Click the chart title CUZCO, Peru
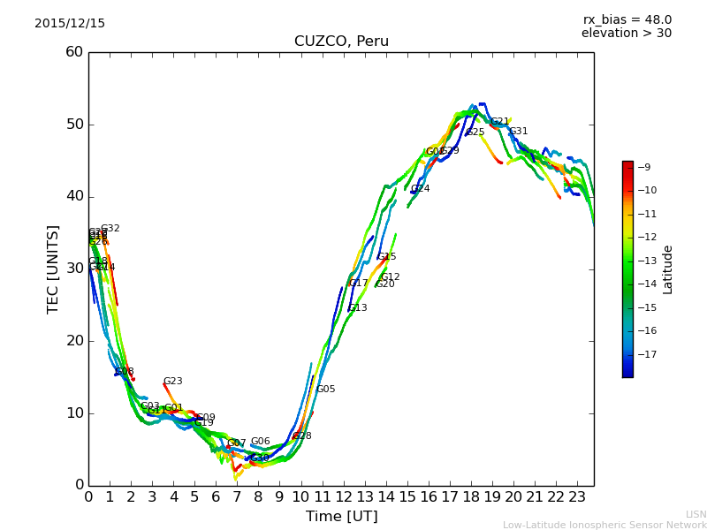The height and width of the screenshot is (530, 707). click(341, 42)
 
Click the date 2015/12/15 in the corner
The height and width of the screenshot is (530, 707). click(70, 24)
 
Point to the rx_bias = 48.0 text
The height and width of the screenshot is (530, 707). click(627, 19)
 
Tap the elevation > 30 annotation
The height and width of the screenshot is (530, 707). click(626, 34)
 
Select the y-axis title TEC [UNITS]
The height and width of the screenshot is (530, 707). click(53, 269)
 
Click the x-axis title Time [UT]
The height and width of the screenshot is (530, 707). click(341, 517)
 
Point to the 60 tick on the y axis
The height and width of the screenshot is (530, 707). click(74, 52)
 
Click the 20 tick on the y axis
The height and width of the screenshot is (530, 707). click(74, 341)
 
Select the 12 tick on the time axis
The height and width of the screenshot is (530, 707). click(343, 496)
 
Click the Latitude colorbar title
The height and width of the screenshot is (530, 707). click(668, 269)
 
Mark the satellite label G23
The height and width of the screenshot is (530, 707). click(173, 382)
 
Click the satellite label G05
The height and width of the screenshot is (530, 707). click(326, 390)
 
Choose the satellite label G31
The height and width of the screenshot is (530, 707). click(519, 132)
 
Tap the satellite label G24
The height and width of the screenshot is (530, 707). click(421, 189)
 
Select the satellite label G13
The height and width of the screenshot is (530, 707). click(358, 308)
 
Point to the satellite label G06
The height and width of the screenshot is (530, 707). click(261, 442)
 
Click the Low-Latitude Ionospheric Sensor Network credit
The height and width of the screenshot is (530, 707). click(604, 526)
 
